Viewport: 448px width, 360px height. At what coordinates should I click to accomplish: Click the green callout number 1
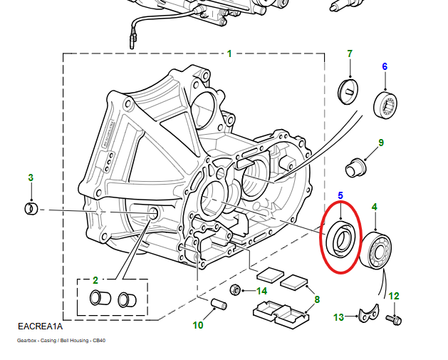pos(229,53)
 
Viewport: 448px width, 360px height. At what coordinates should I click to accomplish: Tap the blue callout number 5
pos(340,195)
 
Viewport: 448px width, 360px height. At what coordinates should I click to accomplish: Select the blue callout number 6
pos(385,66)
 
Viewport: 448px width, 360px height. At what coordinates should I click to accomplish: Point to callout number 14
pos(261,291)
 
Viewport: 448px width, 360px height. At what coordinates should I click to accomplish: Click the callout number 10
pos(198,325)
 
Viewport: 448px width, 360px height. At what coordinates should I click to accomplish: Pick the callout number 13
pos(338,317)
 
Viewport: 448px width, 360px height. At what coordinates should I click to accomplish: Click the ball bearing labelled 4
pos(375,250)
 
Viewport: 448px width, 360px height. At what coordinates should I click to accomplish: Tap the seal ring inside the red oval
pos(340,239)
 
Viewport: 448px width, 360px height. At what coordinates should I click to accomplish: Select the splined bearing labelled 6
pos(385,105)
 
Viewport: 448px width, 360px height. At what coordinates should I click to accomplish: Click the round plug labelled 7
pos(348,92)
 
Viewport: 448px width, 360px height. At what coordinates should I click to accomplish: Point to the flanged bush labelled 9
pos(355,168)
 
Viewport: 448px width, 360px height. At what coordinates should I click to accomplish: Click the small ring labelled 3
pos(31,209)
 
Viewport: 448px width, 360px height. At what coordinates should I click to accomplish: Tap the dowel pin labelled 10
pos(219,304)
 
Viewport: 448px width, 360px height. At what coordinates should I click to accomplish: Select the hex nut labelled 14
pos(235,290)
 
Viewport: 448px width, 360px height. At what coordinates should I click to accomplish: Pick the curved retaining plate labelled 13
pos(368,314)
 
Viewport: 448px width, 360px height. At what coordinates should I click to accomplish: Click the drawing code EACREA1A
pos(40,326)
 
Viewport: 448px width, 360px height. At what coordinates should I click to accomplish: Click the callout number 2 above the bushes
pos(95,280)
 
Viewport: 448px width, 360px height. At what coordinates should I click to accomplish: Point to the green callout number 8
pos(317,299)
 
